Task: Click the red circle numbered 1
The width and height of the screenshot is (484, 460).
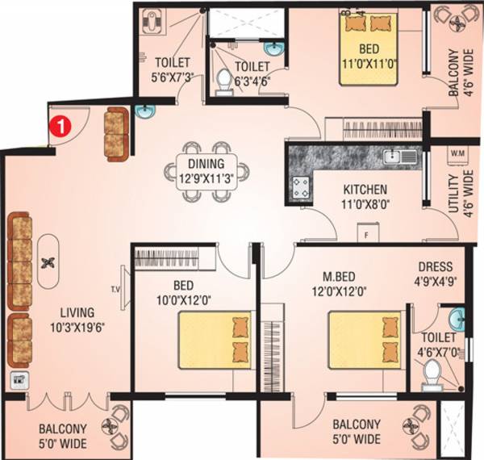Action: pyautogui.click(x=59, y=125)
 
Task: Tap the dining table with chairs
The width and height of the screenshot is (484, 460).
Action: pyautogui.click(x=208, y=166)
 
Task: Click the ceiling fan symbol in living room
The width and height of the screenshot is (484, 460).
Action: pyautogui.click(x=48, y=261)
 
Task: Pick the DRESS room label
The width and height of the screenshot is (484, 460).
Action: pyautogui.click(x=434, y=267)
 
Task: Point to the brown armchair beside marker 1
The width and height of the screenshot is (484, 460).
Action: pyautogui.click(x=116, y=135)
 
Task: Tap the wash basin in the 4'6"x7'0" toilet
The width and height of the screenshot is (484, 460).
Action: pyautogui.click(x=456, y=315)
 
